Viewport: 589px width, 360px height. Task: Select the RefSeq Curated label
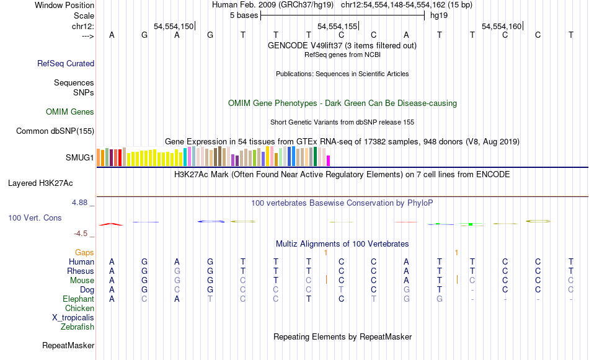(x=66, y=63)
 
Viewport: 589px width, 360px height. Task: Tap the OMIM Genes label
(x=69, y=112)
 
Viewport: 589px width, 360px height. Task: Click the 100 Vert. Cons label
(x=35, y=218)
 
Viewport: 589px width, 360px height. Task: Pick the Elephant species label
(x=78, y=299)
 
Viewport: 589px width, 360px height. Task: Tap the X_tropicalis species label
(x=73, y=317)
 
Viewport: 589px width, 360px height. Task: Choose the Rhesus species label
(x=81, y=271)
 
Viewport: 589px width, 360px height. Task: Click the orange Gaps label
(x=84, y=252)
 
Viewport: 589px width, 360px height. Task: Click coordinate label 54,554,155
(x=337, y=27)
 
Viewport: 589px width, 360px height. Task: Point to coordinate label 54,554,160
(x=502, y=27)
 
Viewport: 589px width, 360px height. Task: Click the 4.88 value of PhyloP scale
(x=81, y=203)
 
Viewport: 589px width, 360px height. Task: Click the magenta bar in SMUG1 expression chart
(x=329, y=160)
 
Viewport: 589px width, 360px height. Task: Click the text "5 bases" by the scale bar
(x=243, y=15)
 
